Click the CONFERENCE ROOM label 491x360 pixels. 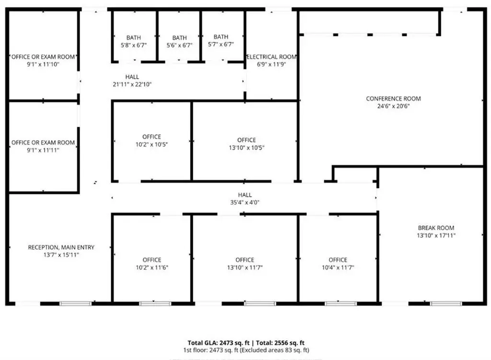tap(393, 98)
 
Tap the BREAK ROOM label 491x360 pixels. tap(436, 228)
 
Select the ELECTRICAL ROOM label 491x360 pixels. tap(271, 57)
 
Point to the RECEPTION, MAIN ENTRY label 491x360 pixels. tap(61, 247)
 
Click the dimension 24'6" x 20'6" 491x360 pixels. tap(393, 106)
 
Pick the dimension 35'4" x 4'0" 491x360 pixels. tap(245, 203)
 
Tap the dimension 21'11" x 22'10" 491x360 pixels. tap(132, 84)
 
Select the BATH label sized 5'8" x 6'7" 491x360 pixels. tap(134, 37)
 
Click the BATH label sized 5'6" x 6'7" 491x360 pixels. tap(179, 37)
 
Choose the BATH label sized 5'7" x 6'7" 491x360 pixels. tap(221, 36)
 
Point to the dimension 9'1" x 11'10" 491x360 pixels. tap(43, 65)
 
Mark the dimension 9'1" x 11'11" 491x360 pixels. tap(43, 150)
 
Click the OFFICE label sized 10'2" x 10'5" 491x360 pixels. tap(152, 137)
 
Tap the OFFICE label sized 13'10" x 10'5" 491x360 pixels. tap(246, 140)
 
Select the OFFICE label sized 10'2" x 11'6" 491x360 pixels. tap(152, 260)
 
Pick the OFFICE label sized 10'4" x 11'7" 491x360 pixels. tap(338, 260)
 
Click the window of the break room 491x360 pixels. tap(446, 303)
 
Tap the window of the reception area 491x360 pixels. tap(75, 303)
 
